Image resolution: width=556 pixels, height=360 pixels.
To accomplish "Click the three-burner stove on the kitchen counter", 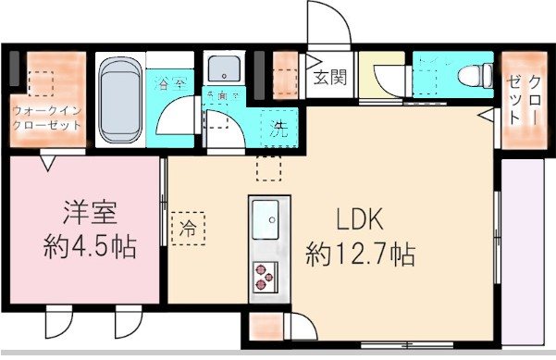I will [x=267, y=274].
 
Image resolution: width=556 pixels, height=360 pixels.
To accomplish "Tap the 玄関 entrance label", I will [x=329, y=78].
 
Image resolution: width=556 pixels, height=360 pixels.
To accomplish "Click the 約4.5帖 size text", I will [x=89, y=246].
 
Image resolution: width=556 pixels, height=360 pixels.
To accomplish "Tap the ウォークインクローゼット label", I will [x=47, y=118].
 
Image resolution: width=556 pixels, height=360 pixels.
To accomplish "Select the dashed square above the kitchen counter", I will [x=267, y=168].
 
